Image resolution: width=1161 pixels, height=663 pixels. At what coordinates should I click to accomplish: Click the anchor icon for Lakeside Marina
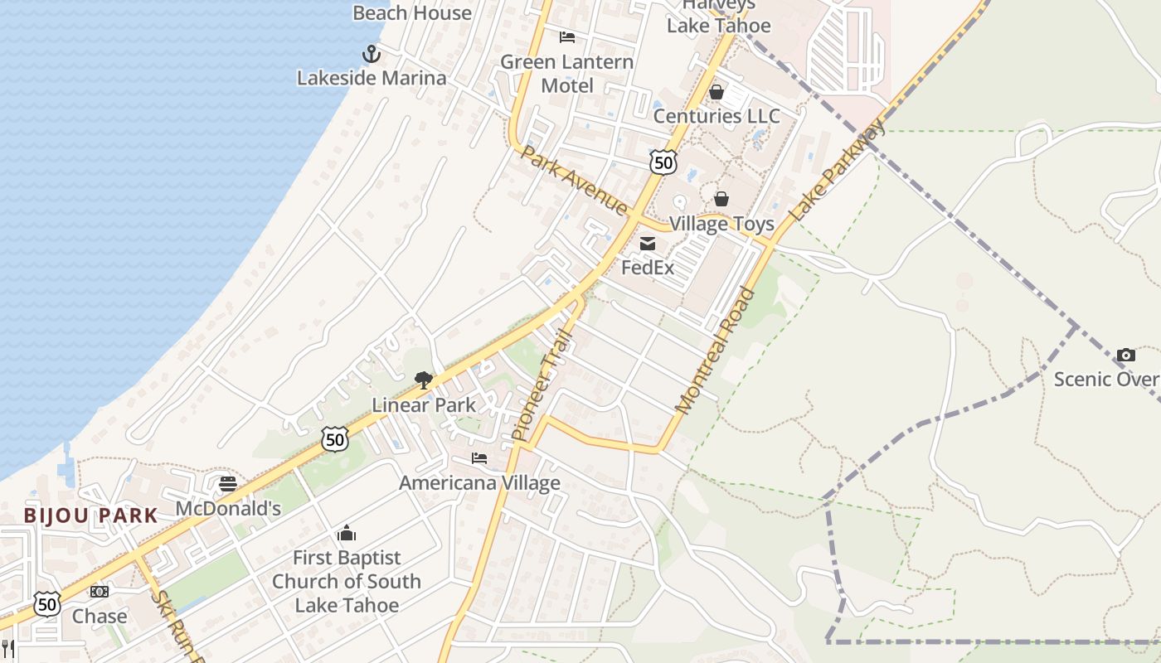pyautogui.click(x=372, y=55)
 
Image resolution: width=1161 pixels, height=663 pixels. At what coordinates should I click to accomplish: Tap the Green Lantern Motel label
pyautogui.click(x=567, y=74)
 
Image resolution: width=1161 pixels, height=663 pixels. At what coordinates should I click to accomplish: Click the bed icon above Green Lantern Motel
pyautogui.click(x=567, y=37)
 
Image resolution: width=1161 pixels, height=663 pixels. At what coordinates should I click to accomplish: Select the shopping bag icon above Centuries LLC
pyautogui.click(x=717, y=92)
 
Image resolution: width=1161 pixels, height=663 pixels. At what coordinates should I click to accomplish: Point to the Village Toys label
pyautogui.click(x=721, y=224)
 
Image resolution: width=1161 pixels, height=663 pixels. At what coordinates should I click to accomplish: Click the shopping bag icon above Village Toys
pyautogui.click(x=721, y=199)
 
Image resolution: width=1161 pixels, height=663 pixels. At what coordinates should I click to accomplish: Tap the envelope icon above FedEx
pyautogui.click(x=648, y=244)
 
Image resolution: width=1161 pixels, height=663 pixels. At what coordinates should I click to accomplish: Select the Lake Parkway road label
pyautogui.click(x=837, y=171)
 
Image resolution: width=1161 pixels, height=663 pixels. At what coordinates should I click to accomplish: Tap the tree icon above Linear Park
pyautogui.click(x=424, y=380)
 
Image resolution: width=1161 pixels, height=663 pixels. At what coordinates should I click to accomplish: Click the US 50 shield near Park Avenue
pyautogui.click(x=663, y=162)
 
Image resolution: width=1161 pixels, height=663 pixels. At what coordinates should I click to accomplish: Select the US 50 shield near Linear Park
pyautogui.click(x=335, y=438)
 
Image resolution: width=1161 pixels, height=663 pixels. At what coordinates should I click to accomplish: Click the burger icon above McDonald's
pyautogui.click(x=228, y=484)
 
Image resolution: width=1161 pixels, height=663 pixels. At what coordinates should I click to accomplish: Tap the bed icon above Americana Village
pyautogui.click(x=479, y=458)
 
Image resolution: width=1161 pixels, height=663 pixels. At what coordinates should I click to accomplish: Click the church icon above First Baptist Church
pyautogui.click(x=347, y=532)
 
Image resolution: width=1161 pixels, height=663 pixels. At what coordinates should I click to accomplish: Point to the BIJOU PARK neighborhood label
pyautogui.click(x=90, y=515)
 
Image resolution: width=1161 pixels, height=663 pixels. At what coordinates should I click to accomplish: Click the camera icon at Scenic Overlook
pyautogui.click(x=1125, y=355)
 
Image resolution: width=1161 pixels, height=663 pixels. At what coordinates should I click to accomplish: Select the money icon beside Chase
pyautogui.click(x=100, y=592)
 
